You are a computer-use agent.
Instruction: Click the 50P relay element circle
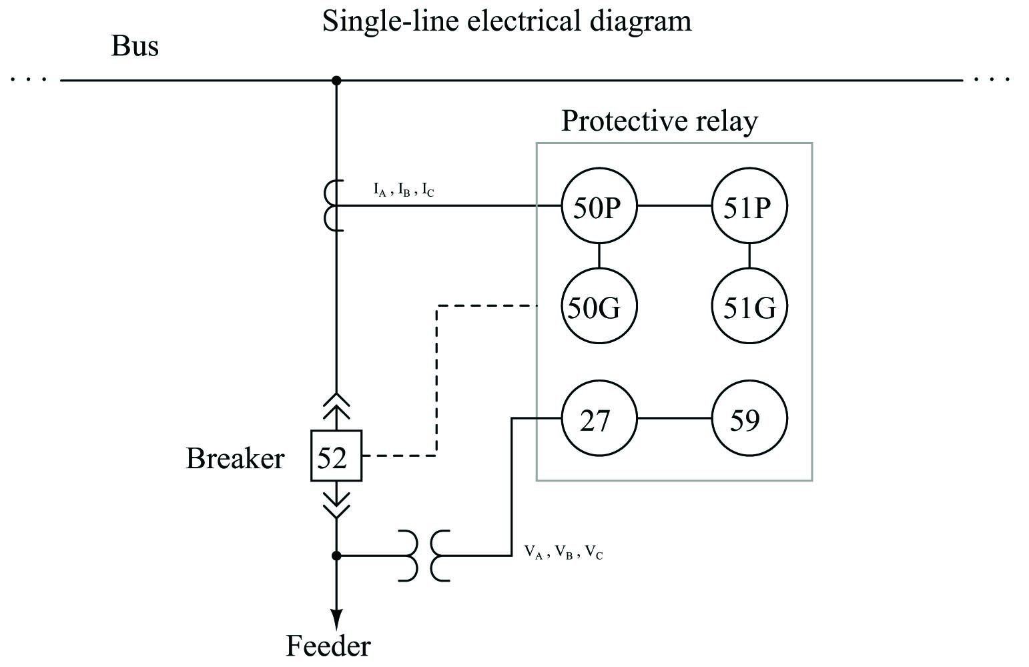[599, 207]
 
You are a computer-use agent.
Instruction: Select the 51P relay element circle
[749, 207]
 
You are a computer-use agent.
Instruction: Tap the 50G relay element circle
[599, 307]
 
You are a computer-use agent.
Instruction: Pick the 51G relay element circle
[749, 307]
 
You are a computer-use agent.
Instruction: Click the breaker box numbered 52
[336, 456]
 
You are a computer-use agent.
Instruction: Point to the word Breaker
[234, 459]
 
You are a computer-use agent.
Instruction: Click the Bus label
[134, 47]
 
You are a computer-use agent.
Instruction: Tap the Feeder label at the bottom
[328, 646]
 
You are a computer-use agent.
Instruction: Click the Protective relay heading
[659, 121]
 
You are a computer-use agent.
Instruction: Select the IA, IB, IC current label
[404, 191]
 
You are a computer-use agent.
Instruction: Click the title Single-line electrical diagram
[506, 21]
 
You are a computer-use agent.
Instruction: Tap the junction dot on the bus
[336, 81]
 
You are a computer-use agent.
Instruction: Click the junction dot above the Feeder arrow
[336, 556]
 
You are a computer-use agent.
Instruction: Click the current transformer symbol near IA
[333, 205]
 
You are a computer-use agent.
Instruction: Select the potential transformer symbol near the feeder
[424, 556]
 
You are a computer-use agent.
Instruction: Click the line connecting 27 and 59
[674, 419]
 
